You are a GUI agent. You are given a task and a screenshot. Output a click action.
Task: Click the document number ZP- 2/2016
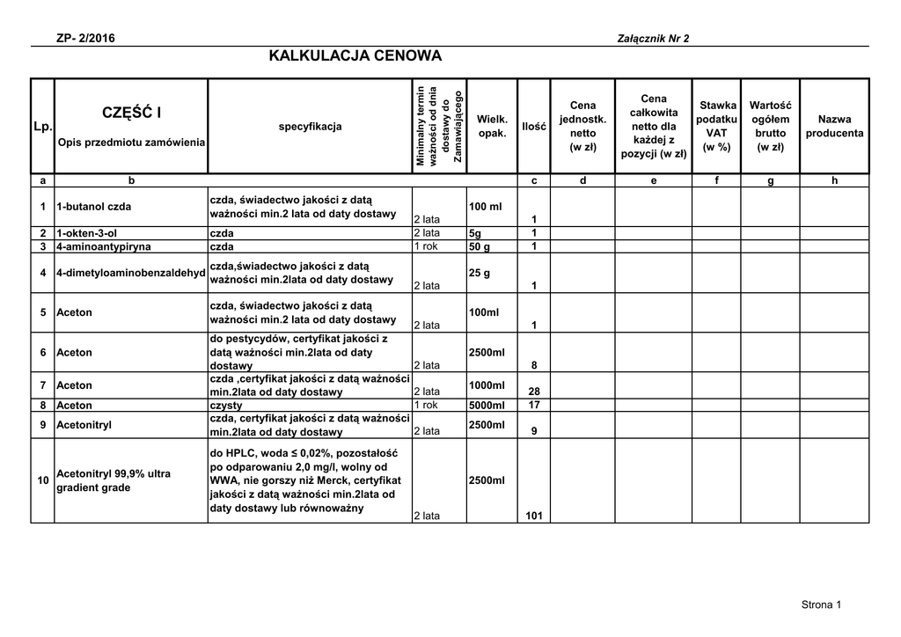pyautogui.click(x=84, y=38)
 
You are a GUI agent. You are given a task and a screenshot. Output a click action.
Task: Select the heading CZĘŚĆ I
pyautogui.click(x=132, y=113)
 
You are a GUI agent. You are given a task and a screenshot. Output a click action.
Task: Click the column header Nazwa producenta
pyautogui.click(x=834, y=126)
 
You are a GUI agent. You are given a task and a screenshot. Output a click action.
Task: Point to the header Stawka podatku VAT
pyautogui.click(x=717, y=126)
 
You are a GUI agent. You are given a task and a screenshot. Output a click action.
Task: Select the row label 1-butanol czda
pyautogui.click(x=93, y=207)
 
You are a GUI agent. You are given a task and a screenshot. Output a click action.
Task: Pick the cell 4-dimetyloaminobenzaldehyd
pyautogui.click(x=130, y=273)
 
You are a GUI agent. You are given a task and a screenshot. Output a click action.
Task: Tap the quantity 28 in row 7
pyautogui.click(x=533, y=392)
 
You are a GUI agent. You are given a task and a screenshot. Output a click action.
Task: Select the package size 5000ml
pyautogui.click(x=487, y=405)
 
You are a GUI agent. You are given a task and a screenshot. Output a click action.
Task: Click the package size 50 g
pyautogui.click(x=480, y=246)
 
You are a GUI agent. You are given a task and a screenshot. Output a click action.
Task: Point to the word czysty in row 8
pyautogui.click(x=225, y=406)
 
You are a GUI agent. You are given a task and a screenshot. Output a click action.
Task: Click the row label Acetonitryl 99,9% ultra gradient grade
pyautogui.click(x=113, y=480)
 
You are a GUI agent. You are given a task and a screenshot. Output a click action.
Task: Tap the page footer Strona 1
pyautogui.click(x=821, y=604)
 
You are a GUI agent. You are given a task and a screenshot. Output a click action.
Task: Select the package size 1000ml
pyautogui.click(x=487, y=385)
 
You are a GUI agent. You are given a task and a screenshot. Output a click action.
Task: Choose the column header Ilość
pyautogui.click(x=534, y=127)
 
